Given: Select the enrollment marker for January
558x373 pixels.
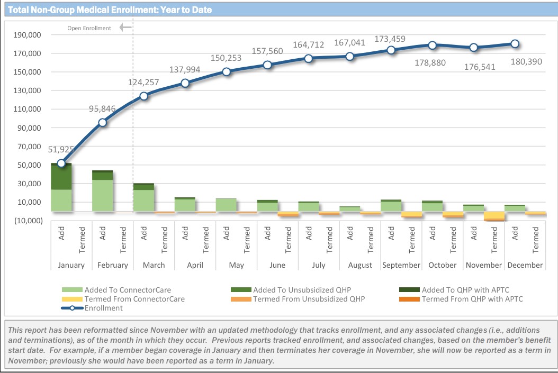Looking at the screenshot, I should point(61,163).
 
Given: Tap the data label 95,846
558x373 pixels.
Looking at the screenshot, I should point(103,109).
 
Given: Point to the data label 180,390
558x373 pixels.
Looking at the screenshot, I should point(526,61).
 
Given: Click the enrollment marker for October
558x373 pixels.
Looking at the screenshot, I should point(433,46).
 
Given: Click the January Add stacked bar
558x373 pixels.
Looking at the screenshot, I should point(61,187).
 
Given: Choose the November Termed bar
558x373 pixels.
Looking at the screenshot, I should point(494,216).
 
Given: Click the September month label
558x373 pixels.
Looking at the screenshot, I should point(401,265).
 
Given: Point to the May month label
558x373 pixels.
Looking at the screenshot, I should point(236,265).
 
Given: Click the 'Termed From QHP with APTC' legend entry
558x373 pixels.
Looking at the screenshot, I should point(472,299).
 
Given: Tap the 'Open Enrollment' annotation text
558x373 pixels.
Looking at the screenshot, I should point(89,28).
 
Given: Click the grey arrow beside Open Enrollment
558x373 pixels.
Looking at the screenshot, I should point(125,28).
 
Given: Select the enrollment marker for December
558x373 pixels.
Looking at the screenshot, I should point(515,44).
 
